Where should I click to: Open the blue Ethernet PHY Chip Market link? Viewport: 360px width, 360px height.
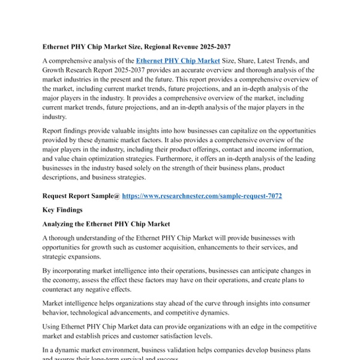pos(178,61)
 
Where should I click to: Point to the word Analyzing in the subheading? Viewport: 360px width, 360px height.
pos(62,224)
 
